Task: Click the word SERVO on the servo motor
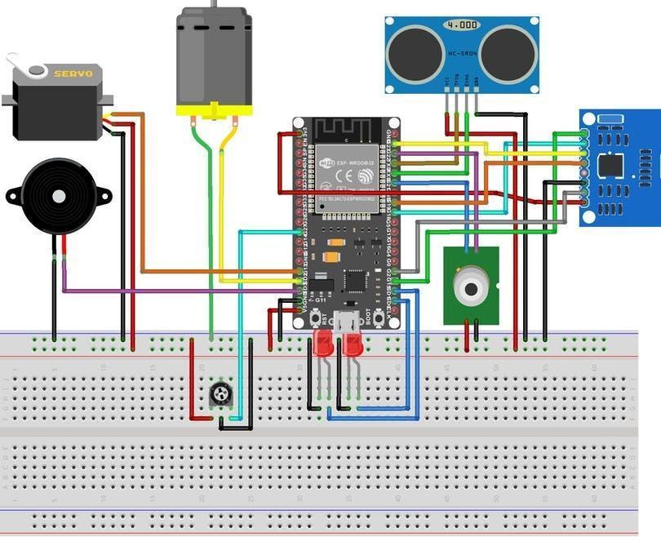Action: [73, 73]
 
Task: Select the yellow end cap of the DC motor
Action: [214, 109]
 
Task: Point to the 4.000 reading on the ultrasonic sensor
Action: [462, 25]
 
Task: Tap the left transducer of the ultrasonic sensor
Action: [416, 53]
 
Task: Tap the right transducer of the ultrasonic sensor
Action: [508, 53]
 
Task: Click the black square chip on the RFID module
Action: [610, 165]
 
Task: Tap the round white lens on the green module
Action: [470, 288]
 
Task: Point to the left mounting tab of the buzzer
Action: [14, 196]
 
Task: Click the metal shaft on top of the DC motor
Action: [215, 4]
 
